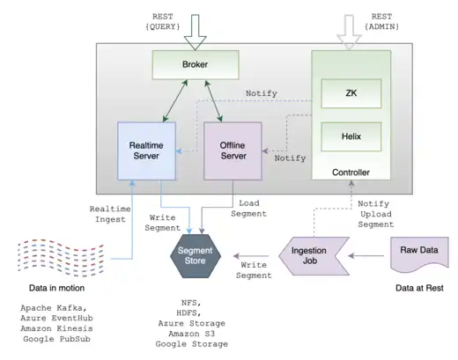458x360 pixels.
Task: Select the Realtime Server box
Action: coord(148,149)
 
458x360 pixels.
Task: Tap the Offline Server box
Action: coord(233,149)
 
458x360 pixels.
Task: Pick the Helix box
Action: coord(351,136)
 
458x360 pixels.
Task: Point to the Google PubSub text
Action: coord(60,339)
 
